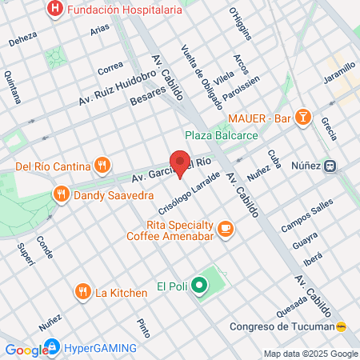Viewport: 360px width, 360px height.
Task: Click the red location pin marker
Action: click(181, 163)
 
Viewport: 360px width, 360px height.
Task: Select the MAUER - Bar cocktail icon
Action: click(303, 119)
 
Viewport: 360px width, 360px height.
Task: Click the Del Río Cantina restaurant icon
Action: click(102, 166)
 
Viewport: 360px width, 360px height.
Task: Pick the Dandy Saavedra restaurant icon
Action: click(61, 194)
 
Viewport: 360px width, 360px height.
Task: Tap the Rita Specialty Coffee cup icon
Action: click(226, 230)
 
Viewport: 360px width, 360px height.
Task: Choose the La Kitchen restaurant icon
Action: click(82, 292)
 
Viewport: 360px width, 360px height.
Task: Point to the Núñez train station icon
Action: click(329, 166)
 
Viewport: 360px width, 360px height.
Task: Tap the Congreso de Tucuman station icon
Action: click(342, 326)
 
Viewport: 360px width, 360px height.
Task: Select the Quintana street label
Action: click(13, 87)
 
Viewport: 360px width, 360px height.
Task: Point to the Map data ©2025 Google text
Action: click(311, 354)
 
